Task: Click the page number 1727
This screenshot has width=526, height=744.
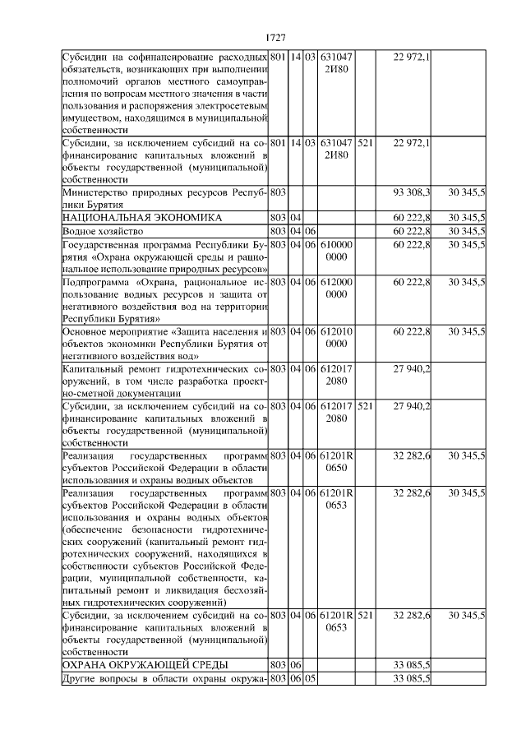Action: pyautogui.click(x=275, y=38)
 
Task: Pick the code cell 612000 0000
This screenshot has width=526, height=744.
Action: pyautogui.click(x=336, y=288)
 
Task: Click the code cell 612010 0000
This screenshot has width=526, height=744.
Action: pyautogui.click(x=336, y=337)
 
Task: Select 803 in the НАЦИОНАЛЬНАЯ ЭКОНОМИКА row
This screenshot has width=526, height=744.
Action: pyautogui.click(x=277, y=218)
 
